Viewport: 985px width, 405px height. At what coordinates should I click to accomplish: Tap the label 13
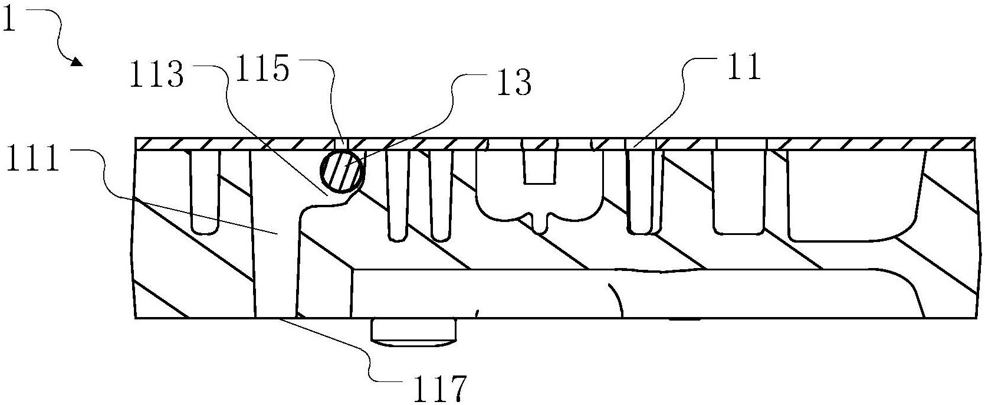pyautogui.click(x=514, y=83)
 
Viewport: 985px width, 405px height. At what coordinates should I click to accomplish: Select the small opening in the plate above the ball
pyautogui.click(x=342, y=144)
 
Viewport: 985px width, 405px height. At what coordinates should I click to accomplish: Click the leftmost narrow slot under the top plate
pyautogui.click(x=206, y=189)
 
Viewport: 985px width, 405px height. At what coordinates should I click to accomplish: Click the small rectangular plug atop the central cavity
pyautogui.click(x=540, y=162)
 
